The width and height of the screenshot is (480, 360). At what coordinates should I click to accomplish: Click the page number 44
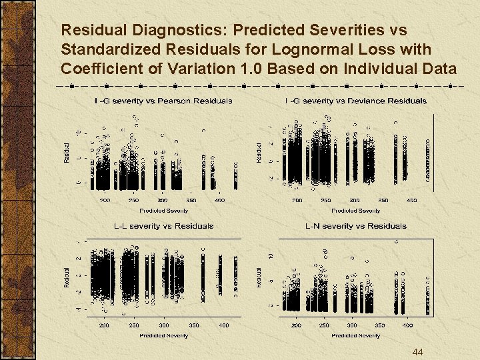click(418, 351)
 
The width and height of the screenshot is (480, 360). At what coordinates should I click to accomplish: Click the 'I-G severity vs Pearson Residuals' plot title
click(163, 101)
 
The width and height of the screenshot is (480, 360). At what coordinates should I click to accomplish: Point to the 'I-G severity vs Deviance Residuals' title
click(355, 101)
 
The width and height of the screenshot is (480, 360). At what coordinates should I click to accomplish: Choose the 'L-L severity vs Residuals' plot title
click(163, 226)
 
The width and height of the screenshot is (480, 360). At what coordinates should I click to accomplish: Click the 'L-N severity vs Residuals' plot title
click(355, 226)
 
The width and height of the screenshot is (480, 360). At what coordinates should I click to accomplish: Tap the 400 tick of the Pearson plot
click(220, 200)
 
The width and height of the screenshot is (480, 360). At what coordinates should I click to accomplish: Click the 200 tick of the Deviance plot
click(297, 200)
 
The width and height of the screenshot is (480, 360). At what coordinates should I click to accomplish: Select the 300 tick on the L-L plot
click(164, 325)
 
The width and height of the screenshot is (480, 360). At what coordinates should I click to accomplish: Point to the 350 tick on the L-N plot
click(380, 325)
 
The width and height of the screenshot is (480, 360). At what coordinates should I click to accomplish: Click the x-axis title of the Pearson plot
click(163, 210)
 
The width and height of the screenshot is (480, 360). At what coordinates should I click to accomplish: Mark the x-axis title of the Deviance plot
click(355, 210)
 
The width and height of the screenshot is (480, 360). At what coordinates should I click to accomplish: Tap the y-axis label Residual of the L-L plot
click(67, 278)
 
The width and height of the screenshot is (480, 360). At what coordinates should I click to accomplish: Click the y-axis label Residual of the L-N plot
click(259, 278)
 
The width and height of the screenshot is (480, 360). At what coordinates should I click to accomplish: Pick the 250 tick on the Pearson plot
click(134, 200)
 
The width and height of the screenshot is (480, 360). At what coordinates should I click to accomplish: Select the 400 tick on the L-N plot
click(408, 325)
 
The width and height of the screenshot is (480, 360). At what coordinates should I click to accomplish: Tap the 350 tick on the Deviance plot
click(383, 200)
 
